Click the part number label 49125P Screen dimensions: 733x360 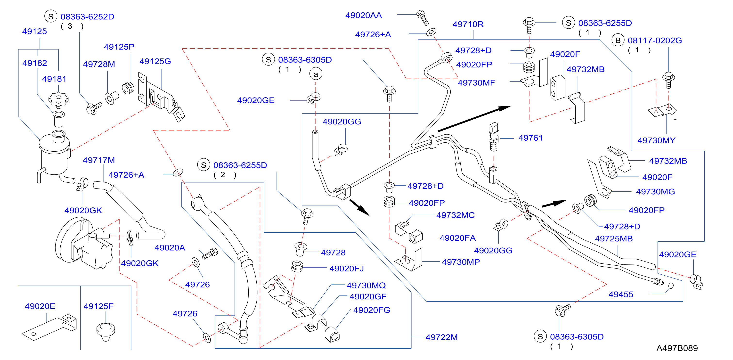119,47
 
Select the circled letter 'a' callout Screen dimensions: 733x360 316,74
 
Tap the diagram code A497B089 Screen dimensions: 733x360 677,348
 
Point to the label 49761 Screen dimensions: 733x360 530,138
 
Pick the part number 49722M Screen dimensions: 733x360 442,337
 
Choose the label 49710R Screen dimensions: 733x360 468,24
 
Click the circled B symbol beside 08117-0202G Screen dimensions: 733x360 618,41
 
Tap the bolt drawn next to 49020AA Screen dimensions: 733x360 423,18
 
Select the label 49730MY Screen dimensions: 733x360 656,140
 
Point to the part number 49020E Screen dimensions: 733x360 40,306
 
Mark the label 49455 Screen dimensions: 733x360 621,294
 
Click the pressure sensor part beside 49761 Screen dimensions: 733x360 494,137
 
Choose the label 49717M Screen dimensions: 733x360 99,160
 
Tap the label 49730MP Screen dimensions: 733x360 461,262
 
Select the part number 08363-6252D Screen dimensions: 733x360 87,17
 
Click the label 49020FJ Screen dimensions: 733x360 346,268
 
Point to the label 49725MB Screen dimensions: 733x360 614,238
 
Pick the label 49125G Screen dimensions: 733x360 155,61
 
